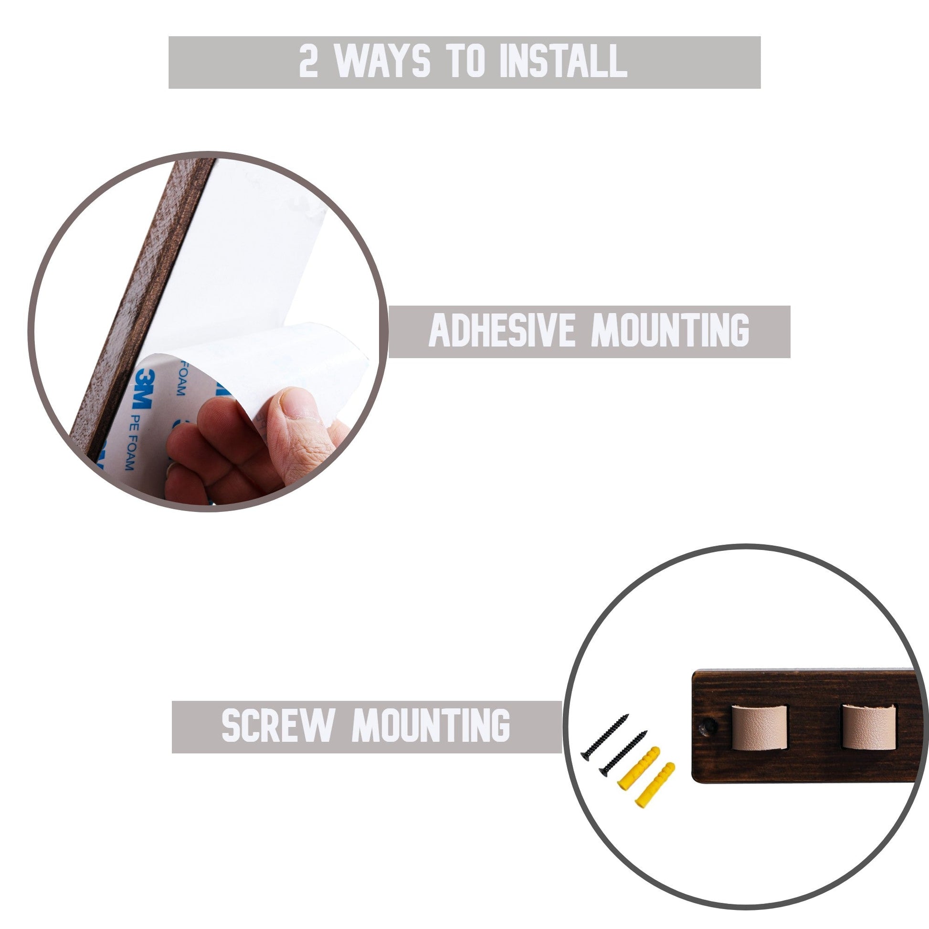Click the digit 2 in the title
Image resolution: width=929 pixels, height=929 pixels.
(x=308, y=61)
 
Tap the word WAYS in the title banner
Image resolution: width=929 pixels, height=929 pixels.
(x=382, y=61)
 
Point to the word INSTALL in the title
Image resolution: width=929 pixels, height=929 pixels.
(x=563, y=61)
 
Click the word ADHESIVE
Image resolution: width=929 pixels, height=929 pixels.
(x=502, y=330)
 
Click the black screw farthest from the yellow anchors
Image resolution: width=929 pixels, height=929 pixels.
(x=604, y=737)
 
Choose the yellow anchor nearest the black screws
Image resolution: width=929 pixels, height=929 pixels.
(x=639, y=768)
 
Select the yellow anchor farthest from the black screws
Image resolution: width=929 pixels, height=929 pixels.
(x=655, y=784)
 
